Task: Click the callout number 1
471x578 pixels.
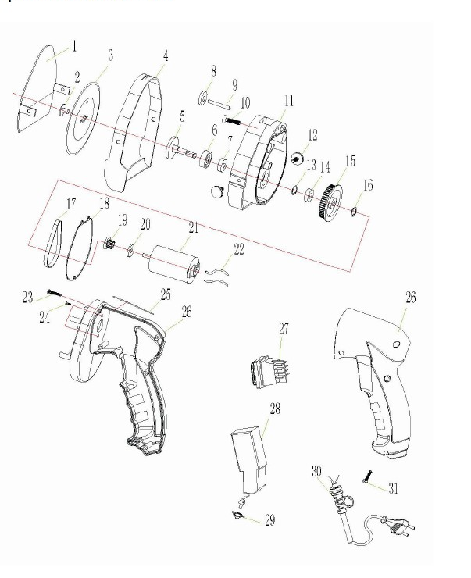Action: point(74,46)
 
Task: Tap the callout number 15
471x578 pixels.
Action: point(351,161)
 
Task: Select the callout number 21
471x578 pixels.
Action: point(194,228)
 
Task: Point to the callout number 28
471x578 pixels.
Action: point(275,409)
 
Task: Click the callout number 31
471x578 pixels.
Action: point(393,488)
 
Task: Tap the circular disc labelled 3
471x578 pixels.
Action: point(83,119)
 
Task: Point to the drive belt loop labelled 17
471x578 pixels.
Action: point(52,244)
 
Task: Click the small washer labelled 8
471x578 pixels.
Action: point(203,98)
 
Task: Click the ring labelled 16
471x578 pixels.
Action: point(353,212)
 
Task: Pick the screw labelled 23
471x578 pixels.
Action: point(55,294)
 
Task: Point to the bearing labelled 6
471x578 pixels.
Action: point(205,159)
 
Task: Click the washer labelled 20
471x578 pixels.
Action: point(130,251)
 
